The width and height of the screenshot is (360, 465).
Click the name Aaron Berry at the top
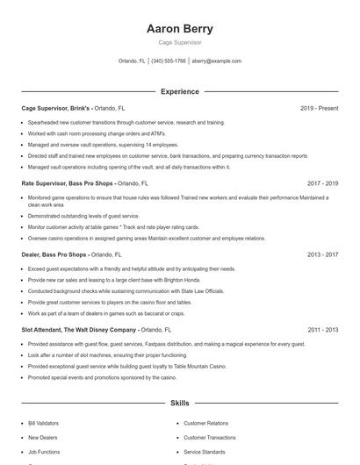click(x=179, y=28)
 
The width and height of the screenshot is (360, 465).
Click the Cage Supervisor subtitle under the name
click(x=179, y=42)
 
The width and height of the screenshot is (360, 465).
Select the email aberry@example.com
click(x=216, y=61)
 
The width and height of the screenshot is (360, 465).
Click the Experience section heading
click(x=179, y=91)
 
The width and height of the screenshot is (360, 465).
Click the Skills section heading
click(x=179, y=404)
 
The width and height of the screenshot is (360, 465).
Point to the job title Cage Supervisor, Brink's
click(x=55, y=108)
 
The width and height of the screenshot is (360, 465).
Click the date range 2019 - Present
click(x=319, y=108)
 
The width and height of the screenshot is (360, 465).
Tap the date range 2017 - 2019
click(x=322, y=183)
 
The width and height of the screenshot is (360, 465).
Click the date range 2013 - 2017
click(x=322, y=254)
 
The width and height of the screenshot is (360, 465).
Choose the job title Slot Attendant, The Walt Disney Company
click(x=80, y=330)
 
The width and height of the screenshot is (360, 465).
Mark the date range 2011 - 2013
click(x=322, y=330)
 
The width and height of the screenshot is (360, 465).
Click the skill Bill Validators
click(x=43, y=423)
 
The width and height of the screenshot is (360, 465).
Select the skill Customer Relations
click(x=205, y=423)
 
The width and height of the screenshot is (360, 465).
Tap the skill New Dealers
click(x=41, y=437)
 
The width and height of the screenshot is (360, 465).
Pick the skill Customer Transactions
click(x=209, y=437)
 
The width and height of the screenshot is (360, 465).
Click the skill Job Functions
click(x=44, y=452)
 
